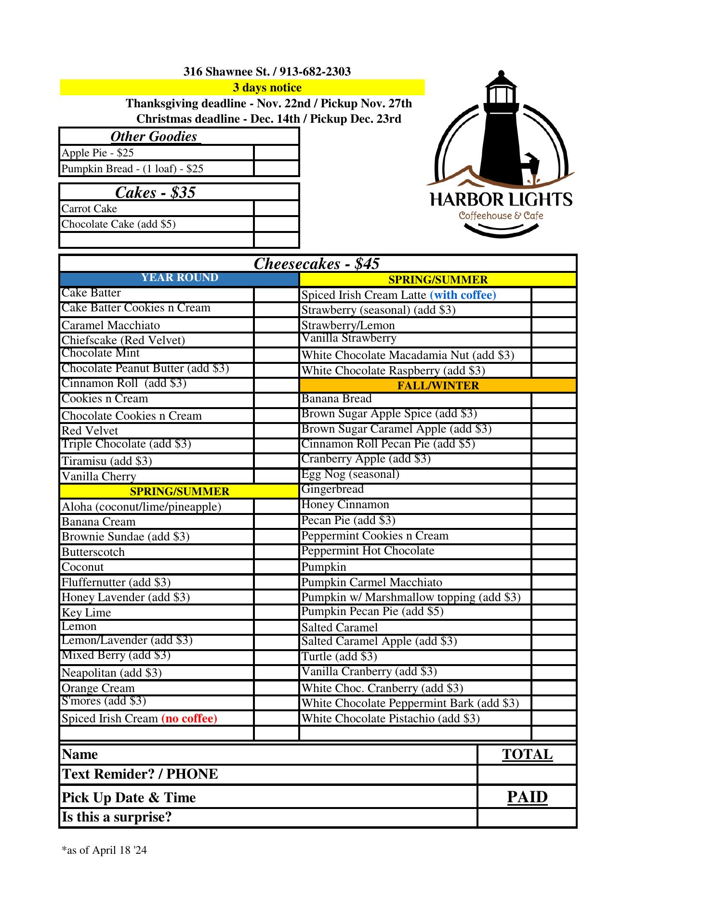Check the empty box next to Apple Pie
276,153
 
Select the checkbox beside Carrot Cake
276,209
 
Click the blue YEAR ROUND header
179,278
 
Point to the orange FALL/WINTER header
437,385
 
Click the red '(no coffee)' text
189,719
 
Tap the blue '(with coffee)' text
463,295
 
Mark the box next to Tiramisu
276,461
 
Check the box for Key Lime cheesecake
276,612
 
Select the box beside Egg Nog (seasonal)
554,476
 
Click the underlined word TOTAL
527,754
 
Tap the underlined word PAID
527,797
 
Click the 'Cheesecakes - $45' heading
317,264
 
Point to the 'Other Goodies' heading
154,137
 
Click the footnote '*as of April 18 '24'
104,850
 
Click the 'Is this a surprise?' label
117,817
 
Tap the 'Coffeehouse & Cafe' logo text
501,216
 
